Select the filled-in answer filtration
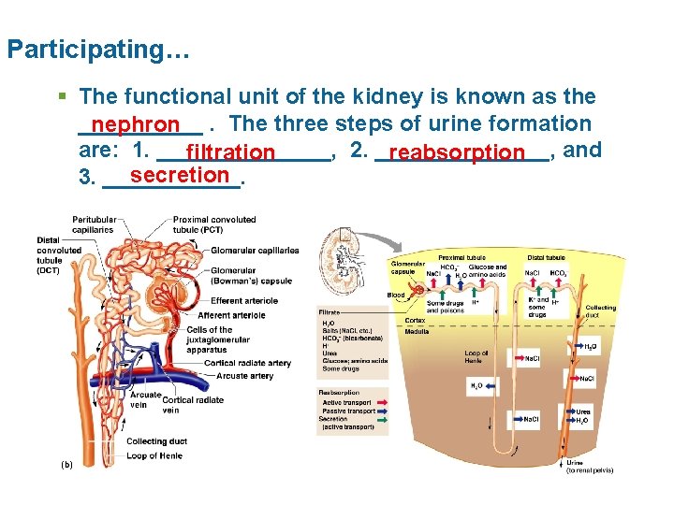tap(230, 151)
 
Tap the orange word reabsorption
tap(457, 151)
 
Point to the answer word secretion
tap(180, 175)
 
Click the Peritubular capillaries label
tap(93, 224)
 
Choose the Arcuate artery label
tap(244, 376)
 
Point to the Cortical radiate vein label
tap(193, 405)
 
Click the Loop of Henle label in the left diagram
tap(155, 455)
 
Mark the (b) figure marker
tap(66, 465)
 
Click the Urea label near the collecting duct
tap(582, 412)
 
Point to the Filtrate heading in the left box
tap(330, 311)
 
